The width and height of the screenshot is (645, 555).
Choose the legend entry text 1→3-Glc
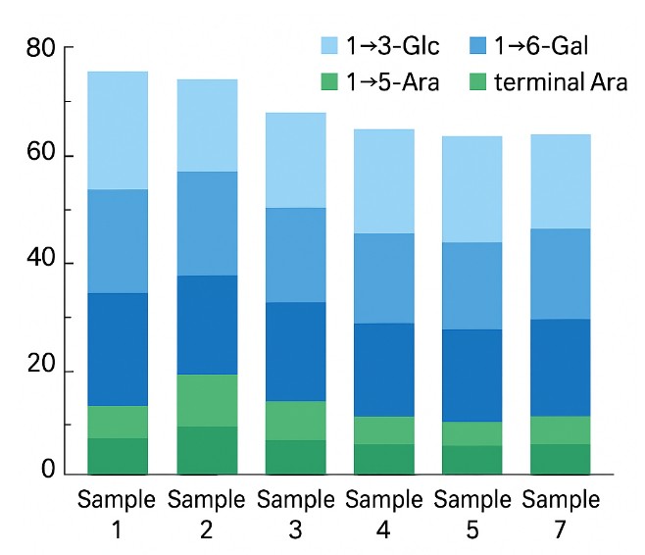coord(392,46)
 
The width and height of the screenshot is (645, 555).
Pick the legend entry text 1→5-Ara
coord(392,81)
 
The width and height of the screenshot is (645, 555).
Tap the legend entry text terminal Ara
coord(563,81)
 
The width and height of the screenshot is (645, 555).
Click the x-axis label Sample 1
coord(117,515)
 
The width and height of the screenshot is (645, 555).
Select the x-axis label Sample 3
coord(295,515)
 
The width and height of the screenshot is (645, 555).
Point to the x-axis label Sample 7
coord(560,515)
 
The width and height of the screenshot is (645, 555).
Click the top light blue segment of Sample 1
coord(117,130)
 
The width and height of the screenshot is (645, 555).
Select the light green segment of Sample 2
coord(207,400)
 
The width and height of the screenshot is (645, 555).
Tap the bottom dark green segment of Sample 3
coord(295,457)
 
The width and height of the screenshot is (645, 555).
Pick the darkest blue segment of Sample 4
coord(384,370)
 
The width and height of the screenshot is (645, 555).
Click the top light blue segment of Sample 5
coord(472,189)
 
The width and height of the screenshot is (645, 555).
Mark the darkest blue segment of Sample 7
coord(560,368)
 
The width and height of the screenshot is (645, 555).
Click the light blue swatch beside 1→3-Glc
coord(330,46)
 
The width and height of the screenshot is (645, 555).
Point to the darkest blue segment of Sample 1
coord(117,349)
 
